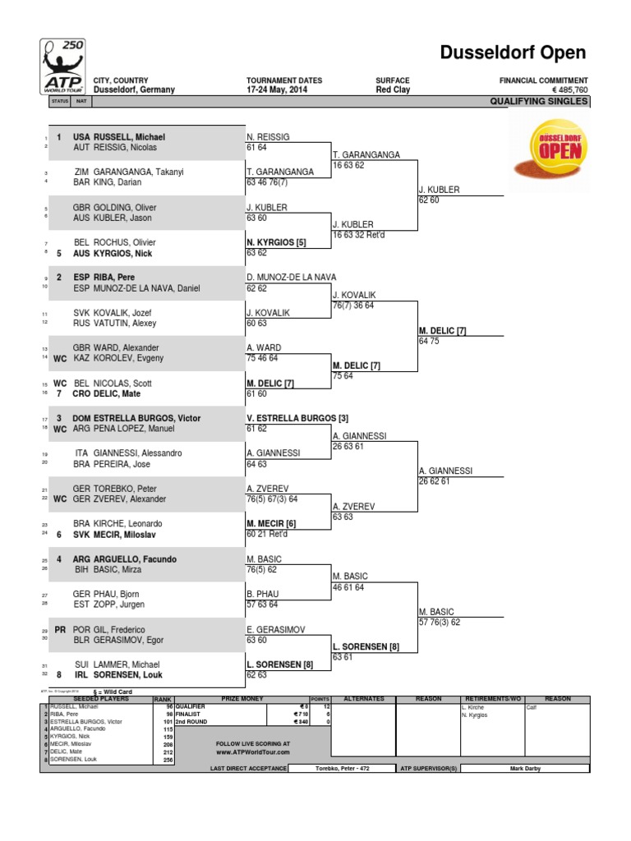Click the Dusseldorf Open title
[513, 53]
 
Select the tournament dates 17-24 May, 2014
[284, 90]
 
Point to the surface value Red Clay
[394, 90]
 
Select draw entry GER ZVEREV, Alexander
[119, 499]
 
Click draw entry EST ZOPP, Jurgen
[108, 604]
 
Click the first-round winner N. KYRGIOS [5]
[276, 243]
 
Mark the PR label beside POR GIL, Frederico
[59, 629]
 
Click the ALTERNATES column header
[364, 698]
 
